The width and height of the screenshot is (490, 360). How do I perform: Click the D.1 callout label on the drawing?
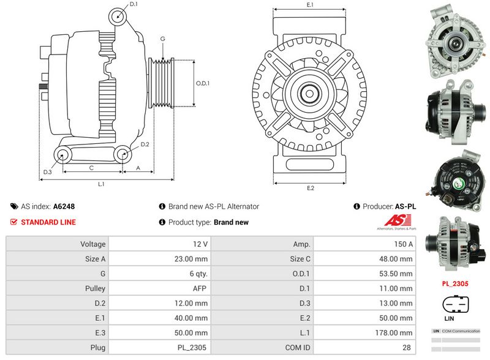click(x=134, y=4)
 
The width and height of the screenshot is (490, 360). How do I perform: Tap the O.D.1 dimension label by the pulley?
click(x=203, y=83)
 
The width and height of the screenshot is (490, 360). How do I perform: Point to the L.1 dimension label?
click(x=101, y=184)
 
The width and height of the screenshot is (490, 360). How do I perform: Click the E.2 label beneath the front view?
click(x=311, y=188)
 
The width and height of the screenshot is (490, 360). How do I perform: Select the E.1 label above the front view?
click(x=310, y=5)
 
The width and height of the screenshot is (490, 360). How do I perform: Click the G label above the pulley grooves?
click(x=162, y=39)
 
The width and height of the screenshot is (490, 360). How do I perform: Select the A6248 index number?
click(x=64, y=207)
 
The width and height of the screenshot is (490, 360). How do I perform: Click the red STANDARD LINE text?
click(x=48, y=222)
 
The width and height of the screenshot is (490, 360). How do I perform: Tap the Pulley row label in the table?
click(x=97, y=288)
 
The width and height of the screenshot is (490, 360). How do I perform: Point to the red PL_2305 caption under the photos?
click(x=455, y=284)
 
